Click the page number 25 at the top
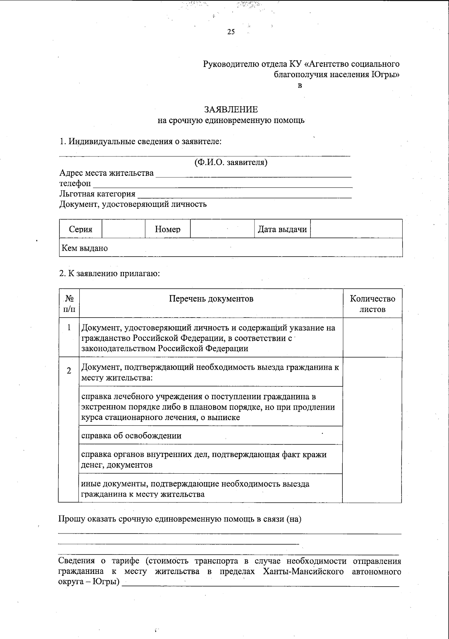pyautogui.click(x=231, y=32)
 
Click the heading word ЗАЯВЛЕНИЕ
pyautogui.click(x=231, y=110)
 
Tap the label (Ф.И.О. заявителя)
pyautogui.click(x=230, y=162)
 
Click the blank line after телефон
pyautogui.click(x=222, y=184)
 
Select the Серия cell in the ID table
pyautogui.click(x=80, y=229)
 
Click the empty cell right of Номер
pyautogui.click(x=222, y=229)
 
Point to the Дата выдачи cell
pyautogui.click(x=282, y=229)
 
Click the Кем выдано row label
pyautogui.click(x=85, y=248)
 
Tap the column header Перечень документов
pyautogui.click(x=211, y=299)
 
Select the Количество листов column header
pyautogui.click(x=372, y=304)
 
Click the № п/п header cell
pyautogui.click(x=69, y=304)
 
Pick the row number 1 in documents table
pyautogui.click(x=69, y=328)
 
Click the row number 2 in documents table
pyautogui.click(x=69, y=371)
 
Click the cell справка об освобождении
pyautogui.click(x=131, y=435)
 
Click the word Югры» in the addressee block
pyautogui.click(x=385, y=74)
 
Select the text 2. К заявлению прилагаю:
pyautogui.click(x=110, y=273)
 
